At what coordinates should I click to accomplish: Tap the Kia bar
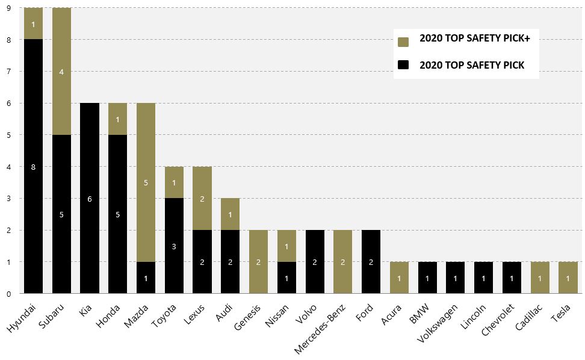click(90, 198)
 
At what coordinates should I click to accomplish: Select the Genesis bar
click(259, 262)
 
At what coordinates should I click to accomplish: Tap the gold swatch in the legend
click(403, 42)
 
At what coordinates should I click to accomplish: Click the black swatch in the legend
click(403, 65)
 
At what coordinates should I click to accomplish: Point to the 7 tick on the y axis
click(8, 72)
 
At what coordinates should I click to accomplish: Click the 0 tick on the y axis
click(8, 294)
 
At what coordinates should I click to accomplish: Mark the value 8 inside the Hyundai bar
click(33, 167)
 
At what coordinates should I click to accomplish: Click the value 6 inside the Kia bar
click(90, 199)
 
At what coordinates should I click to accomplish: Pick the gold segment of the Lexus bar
click(202, 199)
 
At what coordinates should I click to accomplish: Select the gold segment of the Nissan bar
click(287, 246)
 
